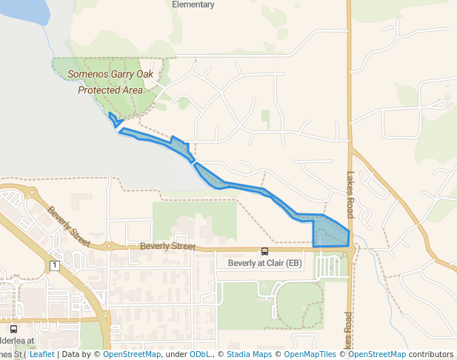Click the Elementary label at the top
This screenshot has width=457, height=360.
pos(193,4)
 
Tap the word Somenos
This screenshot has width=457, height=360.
pos(87,74)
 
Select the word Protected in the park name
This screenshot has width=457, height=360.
pos(100,90)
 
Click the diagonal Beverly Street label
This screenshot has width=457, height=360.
pos(69,227)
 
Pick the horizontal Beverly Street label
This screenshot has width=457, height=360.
pos(167,245)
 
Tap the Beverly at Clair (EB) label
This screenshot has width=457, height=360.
pos(264,263)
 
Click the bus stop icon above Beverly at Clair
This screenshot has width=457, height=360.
pos(264,250)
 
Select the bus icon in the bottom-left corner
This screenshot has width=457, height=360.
pos(13,329)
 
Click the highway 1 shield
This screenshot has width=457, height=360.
pos(54,264)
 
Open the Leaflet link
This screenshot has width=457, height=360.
pos(41,354)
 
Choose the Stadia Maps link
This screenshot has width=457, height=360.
pos(249,354)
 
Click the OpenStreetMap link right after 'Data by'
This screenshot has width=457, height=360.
pos(132,354)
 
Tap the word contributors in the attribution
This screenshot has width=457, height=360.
pos(430,354)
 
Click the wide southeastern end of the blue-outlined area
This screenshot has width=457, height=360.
pos(330,233)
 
